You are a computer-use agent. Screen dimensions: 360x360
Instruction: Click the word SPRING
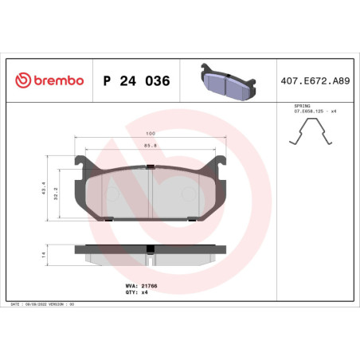pyautogui.click(x=303, y=105)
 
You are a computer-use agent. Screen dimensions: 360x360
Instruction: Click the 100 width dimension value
pyautogui.click(x=149, y=135)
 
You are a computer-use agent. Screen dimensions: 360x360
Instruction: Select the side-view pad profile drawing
pyautogui.click(x=149, y=253)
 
